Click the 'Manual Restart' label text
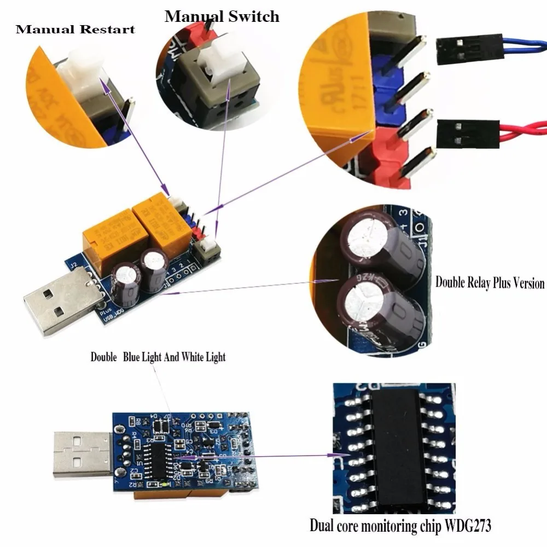click(75, 29)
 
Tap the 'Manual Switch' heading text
click(222, 16)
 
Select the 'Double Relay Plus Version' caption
click(490, 283)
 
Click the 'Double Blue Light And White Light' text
click(158, 357)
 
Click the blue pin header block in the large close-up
click(389, 88)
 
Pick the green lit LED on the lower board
click(165, 484)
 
